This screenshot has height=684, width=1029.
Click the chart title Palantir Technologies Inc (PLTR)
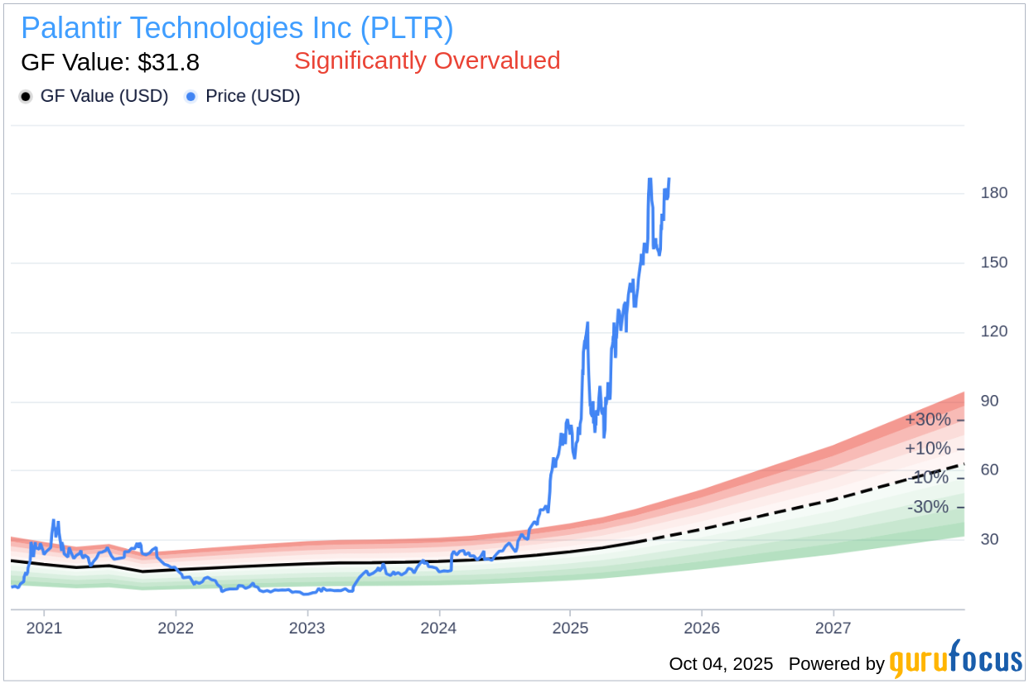[237, 28]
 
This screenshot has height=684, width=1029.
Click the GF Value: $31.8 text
[110, 62]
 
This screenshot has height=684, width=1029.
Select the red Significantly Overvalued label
[427, 60]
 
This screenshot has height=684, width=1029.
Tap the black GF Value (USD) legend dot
[26, 97]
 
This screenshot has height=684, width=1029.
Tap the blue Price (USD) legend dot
[191, 97]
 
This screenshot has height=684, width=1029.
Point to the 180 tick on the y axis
[993, 193]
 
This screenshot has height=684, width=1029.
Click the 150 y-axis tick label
[993, 263]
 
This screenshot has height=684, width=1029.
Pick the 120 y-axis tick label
[993, 331]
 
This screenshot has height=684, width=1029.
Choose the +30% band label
[927, 420]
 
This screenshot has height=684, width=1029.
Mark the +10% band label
[927, 449]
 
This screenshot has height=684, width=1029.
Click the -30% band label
[927, 507]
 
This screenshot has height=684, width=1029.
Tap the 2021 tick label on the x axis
[44, 628]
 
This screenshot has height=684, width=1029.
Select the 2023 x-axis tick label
[307, 628]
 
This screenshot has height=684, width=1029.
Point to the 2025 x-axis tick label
[570, 628]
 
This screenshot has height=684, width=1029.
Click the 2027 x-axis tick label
[833, 628]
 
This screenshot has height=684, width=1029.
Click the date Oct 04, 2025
[721, 664]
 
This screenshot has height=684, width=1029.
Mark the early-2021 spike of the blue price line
[54, 522]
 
